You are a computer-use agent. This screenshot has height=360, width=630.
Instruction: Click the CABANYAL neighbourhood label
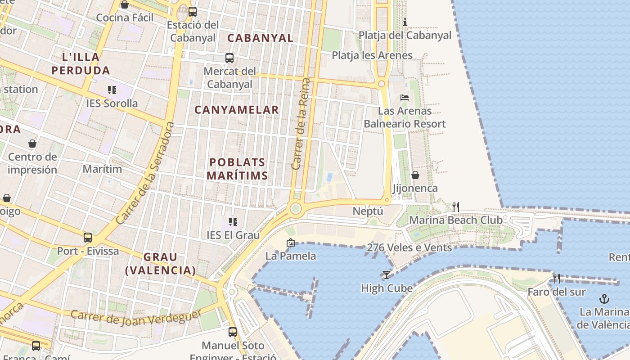[x=260, y=38]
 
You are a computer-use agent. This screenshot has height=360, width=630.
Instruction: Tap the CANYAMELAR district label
[x=237, y=110]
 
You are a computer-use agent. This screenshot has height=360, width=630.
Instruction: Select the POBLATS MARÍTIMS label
[x=238, y=169]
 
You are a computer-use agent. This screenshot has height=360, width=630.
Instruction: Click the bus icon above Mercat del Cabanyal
[x=229, y=58]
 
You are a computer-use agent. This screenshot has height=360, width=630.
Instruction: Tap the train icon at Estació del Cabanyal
[x=193, y=12]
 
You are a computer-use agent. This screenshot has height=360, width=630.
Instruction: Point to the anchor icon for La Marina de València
[x=604, y=298]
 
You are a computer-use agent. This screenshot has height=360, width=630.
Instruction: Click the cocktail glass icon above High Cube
[x=386, y=274]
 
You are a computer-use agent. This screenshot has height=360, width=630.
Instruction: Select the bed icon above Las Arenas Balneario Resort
[x=405, y=97]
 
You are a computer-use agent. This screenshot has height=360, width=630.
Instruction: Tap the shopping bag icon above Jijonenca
[x=415, y=175]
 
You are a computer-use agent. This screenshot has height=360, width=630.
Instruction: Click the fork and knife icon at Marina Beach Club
[x=456, y=207]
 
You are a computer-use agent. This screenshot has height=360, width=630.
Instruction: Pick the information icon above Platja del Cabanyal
[x=405, y=22]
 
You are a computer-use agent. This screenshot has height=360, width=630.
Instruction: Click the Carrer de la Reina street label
[x=301, y=124]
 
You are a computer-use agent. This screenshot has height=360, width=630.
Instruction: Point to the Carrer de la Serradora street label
[x=145, y=173]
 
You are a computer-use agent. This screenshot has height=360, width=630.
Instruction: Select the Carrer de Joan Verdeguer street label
[x=136, y=317]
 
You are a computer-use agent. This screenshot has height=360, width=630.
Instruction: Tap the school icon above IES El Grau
[x=233, y=221]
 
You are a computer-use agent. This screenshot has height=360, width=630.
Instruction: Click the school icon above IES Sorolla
[x=112, y=90]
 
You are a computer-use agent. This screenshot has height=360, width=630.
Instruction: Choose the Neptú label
[x=368, y=211]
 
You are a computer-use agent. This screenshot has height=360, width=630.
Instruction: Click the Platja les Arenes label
[x=372, y=55]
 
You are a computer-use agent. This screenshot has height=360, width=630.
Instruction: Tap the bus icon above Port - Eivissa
[x=88, y=237]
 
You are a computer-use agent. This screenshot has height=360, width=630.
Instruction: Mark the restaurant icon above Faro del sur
[x=557, y=279]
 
